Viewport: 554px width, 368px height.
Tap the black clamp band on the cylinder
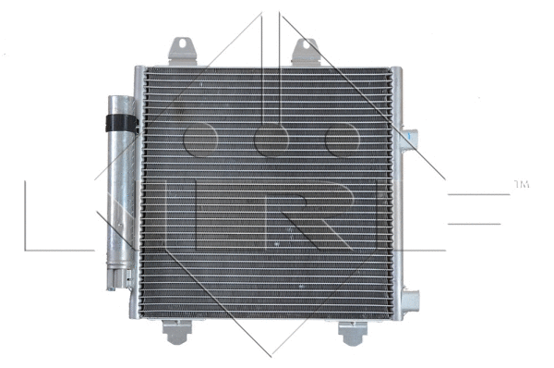pyautogui.click(x=118, y=121)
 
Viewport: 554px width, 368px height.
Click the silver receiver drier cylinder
pyautogui.click(x=118, y=185)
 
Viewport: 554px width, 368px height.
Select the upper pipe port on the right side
pyautogui.click(x=409, y=139)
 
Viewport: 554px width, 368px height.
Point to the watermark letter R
pyautogui.click(x=305, y=215)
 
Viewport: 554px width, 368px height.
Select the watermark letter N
pyautogui.click(x=92, y=215)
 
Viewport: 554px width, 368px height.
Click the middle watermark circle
pyautogui.click(x=271, y=140)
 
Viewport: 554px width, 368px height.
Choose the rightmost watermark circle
pyautogui.click(x=341, y=140)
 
